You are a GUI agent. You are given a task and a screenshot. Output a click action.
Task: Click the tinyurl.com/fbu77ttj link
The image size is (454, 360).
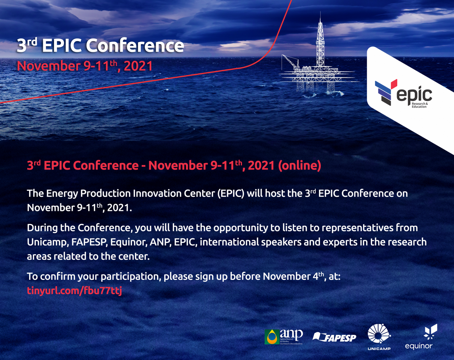[74, 291]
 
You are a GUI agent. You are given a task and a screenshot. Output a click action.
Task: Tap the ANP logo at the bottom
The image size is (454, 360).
[284, 337]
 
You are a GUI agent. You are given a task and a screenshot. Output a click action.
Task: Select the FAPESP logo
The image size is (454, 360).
[334, 337]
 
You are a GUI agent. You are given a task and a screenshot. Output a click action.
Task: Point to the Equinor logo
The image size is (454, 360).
[419, 337]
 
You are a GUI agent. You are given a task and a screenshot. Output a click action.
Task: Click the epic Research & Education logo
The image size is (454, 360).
[403, 94]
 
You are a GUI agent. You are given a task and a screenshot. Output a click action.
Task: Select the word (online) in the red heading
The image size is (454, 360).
[300, 165]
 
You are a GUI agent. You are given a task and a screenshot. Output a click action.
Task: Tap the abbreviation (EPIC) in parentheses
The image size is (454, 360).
[231, 193]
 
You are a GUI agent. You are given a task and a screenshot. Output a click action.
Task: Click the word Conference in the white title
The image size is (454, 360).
[135, 46]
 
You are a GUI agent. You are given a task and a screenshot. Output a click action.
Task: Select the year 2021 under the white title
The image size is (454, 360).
[138, 66]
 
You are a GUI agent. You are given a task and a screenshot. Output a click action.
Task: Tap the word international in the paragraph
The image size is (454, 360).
[229, 242]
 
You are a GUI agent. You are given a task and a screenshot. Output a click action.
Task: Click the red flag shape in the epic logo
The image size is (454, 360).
[394, 84]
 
